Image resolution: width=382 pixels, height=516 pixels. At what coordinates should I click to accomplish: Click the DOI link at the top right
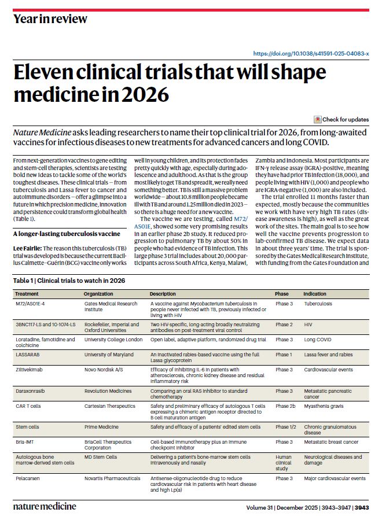[x=311, y=53]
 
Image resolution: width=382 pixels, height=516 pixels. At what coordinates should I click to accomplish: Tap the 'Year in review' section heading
[x=50, y=19]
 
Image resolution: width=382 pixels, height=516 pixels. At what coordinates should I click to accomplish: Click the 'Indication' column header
[x=315, y=294]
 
